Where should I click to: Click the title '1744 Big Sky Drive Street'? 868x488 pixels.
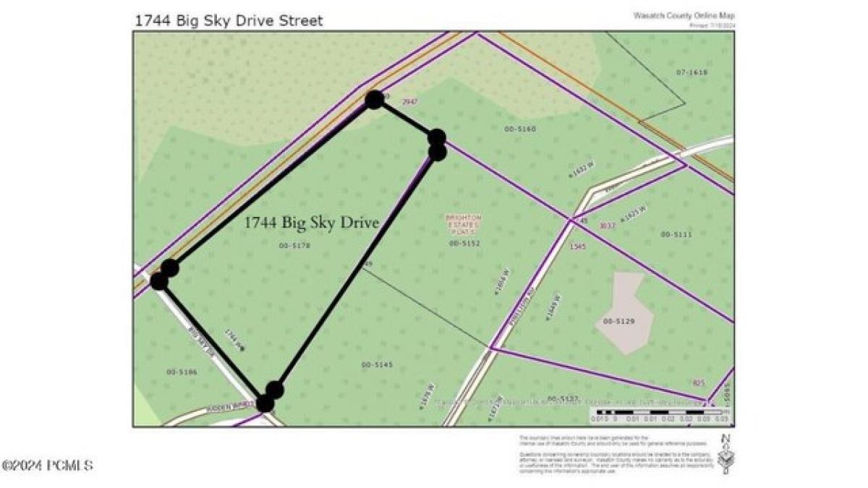[x=229, y=20]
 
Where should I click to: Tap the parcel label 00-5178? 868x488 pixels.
[x=294, y=246]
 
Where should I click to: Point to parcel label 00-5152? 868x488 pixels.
[x=464, y=244]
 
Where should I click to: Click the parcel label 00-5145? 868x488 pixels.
[x=377, y=365]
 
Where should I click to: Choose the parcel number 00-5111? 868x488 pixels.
[x=676, y=234]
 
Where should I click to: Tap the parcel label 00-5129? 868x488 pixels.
[x=618, y=321]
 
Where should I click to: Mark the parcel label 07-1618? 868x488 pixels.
[x=692, y=72]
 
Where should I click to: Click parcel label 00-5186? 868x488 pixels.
[x=182, y=372]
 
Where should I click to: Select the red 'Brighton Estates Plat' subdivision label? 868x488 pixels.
[x=464, y=223]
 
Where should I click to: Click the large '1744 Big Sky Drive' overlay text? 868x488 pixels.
[x=312, y=223]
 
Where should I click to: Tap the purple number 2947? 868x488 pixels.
[x=410, y=102]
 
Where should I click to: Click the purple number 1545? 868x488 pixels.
[x=577, y=247]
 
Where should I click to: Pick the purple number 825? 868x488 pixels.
[x=698, y=383]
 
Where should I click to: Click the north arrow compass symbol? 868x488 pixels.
[x=724, y=454]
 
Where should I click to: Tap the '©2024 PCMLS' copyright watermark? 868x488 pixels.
[x=48, y=466]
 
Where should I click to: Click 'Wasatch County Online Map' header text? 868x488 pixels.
[x=684, y=15]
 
